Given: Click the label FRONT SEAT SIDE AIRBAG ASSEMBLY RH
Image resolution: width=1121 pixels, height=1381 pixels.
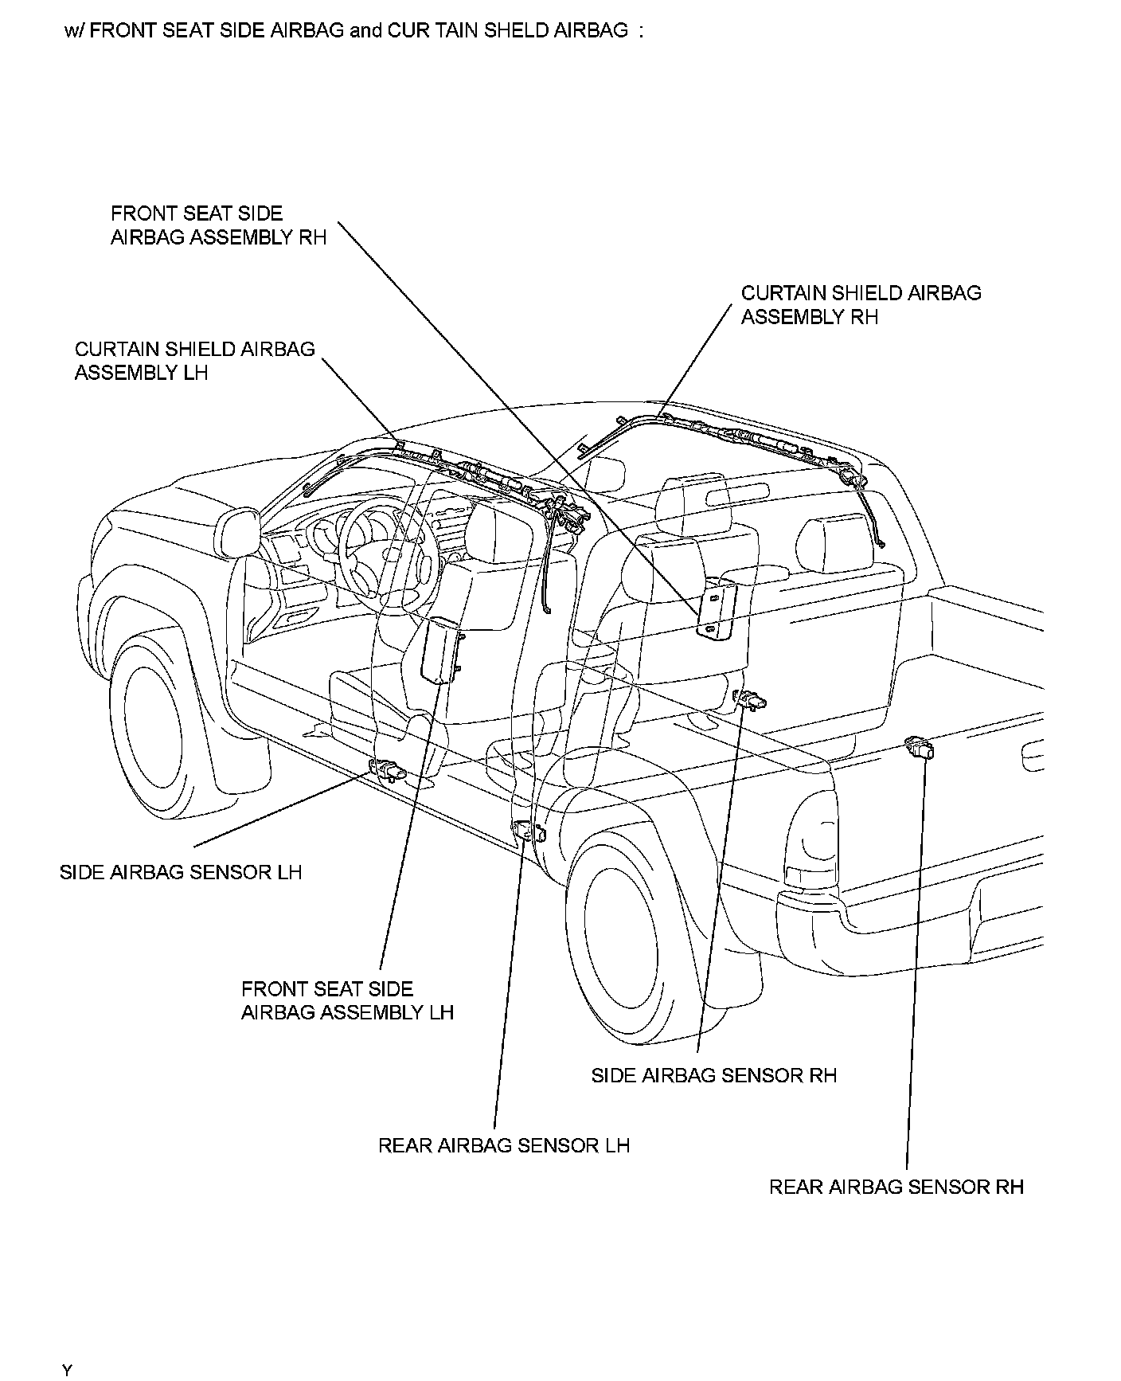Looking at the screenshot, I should pyautogui.click(x=218, y=225).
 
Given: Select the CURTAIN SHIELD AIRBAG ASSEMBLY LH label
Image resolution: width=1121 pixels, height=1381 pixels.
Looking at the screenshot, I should pyautogui.click(x=194, y=361).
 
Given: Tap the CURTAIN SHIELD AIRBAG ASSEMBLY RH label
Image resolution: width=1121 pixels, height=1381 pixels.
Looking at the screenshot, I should pyautogui.click(x=861, y=305).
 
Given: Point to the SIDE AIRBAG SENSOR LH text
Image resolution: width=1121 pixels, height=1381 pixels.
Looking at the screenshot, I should pyautogui.click(x=181, y=872).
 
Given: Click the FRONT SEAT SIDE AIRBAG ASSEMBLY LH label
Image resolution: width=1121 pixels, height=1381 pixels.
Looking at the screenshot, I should pyautogui.click(x=347, y=1000).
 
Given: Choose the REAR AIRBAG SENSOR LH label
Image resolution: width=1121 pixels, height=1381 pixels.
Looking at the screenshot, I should pyautogui.click(x=503, y=1145).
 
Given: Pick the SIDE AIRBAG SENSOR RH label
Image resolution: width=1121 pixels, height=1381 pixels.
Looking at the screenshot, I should pyautogui.click(x=713, y=1075).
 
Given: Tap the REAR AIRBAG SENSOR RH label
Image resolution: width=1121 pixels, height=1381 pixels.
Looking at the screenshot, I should pyautogui.click(x=896, y=1187).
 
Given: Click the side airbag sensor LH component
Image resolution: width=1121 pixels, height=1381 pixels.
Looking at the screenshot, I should pyautogui.click(x=388, y=769).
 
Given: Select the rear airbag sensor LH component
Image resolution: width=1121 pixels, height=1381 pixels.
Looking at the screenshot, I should pyautogui.click(x=528, y=831).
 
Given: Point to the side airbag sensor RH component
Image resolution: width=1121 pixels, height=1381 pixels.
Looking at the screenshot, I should pyautogui.click(x=750, y=700).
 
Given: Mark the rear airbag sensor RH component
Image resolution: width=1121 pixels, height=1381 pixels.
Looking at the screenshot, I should pyautogui.click(x=920, y=748).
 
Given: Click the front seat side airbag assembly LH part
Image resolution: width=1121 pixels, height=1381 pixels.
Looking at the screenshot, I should pyautogui.click(x=439, y=650).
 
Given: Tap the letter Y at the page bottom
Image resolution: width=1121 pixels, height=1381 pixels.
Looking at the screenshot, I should pyautogui.click(x=68, y=1370).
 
